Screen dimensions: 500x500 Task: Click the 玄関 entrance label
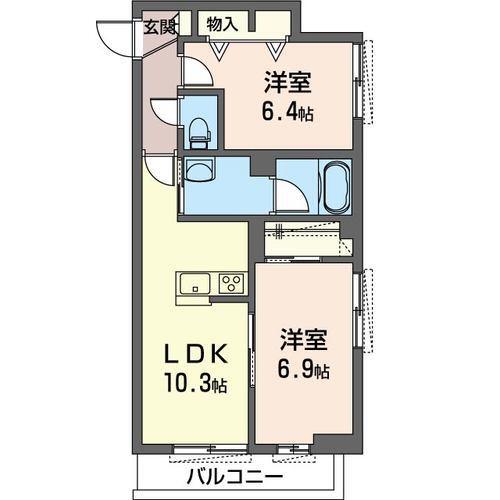(x=159, y=27)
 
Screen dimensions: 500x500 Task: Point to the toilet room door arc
(x=162, y=111)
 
